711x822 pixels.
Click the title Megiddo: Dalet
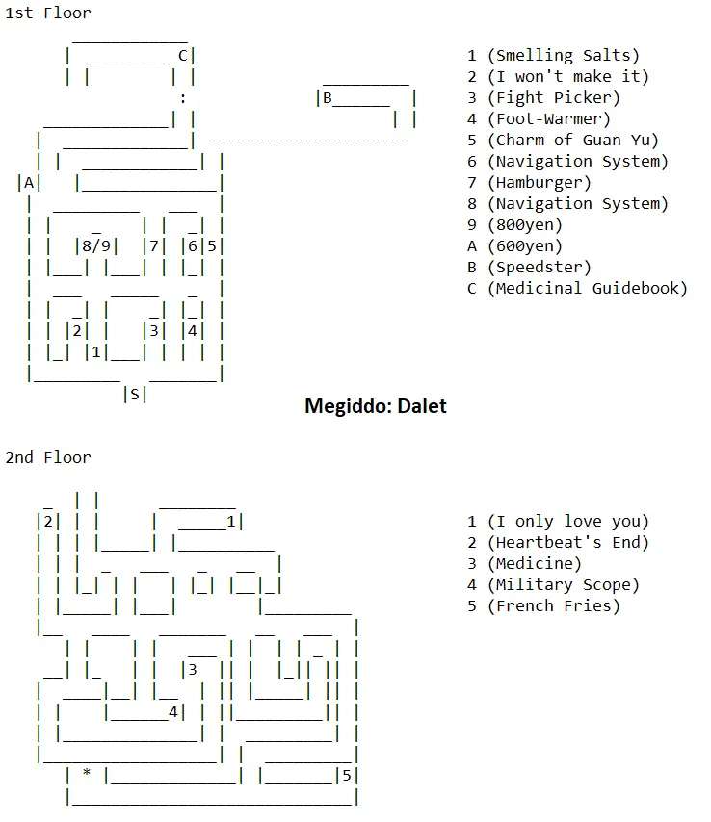[x=375, y=405]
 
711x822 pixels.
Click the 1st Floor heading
[x=48, y=13]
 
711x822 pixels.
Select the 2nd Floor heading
[x=48, y=457]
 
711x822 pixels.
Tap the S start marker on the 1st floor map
[x=134, y=394]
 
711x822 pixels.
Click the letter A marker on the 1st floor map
[x=29, y=182]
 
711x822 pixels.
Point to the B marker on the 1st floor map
[x=327, y=97]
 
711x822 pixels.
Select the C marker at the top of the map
[x=182, y=55]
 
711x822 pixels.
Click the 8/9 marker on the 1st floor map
[x=96, y=245]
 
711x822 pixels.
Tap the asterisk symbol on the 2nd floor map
[x=87, y=774]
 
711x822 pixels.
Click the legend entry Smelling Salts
[x=563, y=56]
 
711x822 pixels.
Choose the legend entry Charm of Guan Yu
[x=572, y=141]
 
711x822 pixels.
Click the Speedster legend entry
[x=539, y=267]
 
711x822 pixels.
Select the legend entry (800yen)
[x=524, y=225]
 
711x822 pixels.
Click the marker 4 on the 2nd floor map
[x=172, y=712]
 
